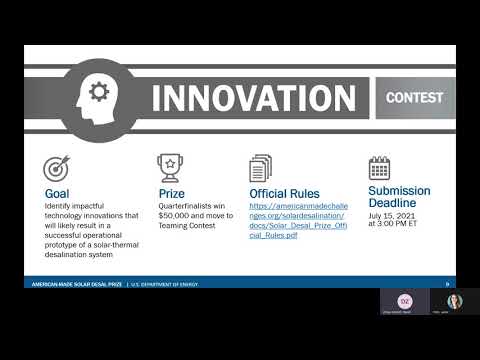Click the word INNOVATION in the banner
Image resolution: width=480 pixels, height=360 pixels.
pos(254,99)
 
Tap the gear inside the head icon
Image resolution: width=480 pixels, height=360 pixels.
pos(98,92)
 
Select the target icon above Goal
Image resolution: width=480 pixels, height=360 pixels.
pos(56,168)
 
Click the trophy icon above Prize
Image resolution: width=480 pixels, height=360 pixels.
pos(169,168)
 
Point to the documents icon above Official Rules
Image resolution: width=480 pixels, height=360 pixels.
pos(260,168)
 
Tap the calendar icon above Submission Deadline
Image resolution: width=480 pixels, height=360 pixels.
pos(379,167)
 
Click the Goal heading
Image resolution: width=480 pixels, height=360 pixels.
pos(57,193)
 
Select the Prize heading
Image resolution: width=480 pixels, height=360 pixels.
pos(171,193)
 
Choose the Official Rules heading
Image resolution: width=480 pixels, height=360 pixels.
pos(289,193)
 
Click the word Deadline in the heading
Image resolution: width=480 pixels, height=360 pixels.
pos(391,203)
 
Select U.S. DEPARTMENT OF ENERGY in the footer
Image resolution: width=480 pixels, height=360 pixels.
pos(166,284)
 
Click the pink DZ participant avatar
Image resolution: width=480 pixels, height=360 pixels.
pos(404,300)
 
